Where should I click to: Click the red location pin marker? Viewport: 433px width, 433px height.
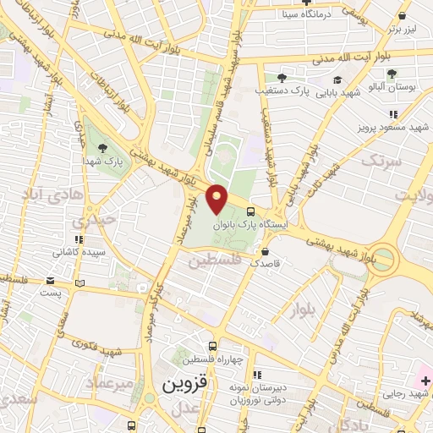pos(217,200)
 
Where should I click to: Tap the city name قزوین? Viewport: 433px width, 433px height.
pos(181,384)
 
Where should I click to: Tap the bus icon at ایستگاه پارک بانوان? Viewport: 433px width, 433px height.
pos(250,211)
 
